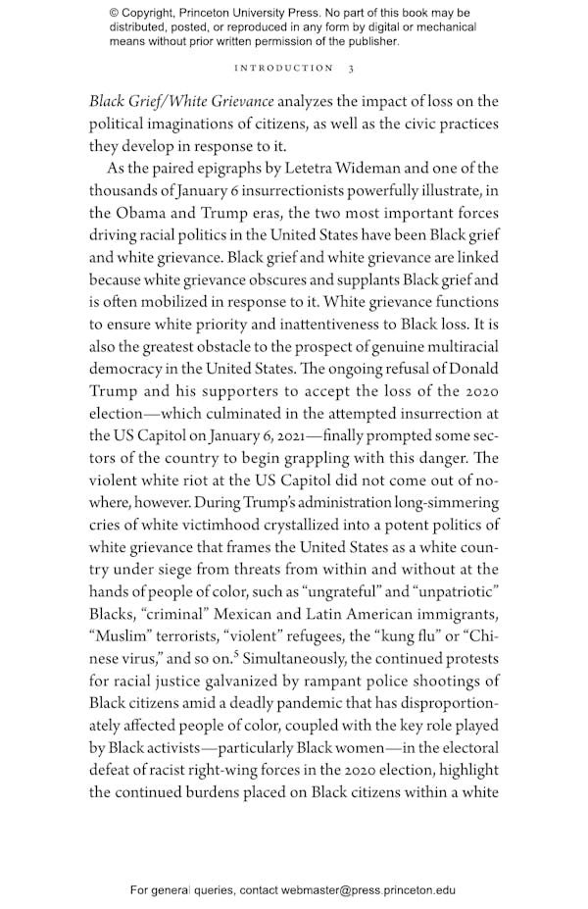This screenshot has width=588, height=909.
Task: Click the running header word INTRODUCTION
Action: click(x=284, y=68)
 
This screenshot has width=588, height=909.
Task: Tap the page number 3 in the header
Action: click(x=351, y=68)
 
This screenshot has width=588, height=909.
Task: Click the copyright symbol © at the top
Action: click(x=114, y=13)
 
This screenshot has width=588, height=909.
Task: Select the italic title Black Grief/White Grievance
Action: click(x=182, y=101)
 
